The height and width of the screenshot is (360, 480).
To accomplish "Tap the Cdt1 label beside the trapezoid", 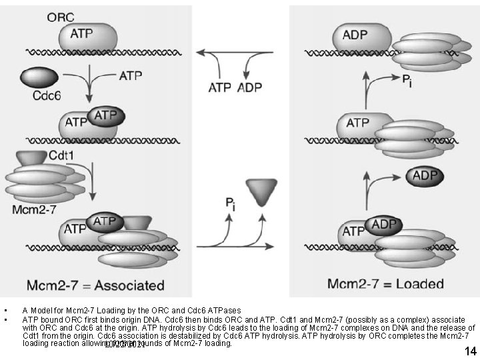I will [66, 155].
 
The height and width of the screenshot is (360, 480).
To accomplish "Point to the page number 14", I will [471, 351].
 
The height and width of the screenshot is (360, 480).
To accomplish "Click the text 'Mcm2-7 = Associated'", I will [96, 285].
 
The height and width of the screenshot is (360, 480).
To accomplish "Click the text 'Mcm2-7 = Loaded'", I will [385, 284].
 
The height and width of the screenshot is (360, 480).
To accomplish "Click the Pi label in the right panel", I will [407, 79].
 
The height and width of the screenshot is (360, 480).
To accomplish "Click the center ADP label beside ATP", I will [249, 87].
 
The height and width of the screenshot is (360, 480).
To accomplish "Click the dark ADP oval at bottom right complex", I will [384, 225].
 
